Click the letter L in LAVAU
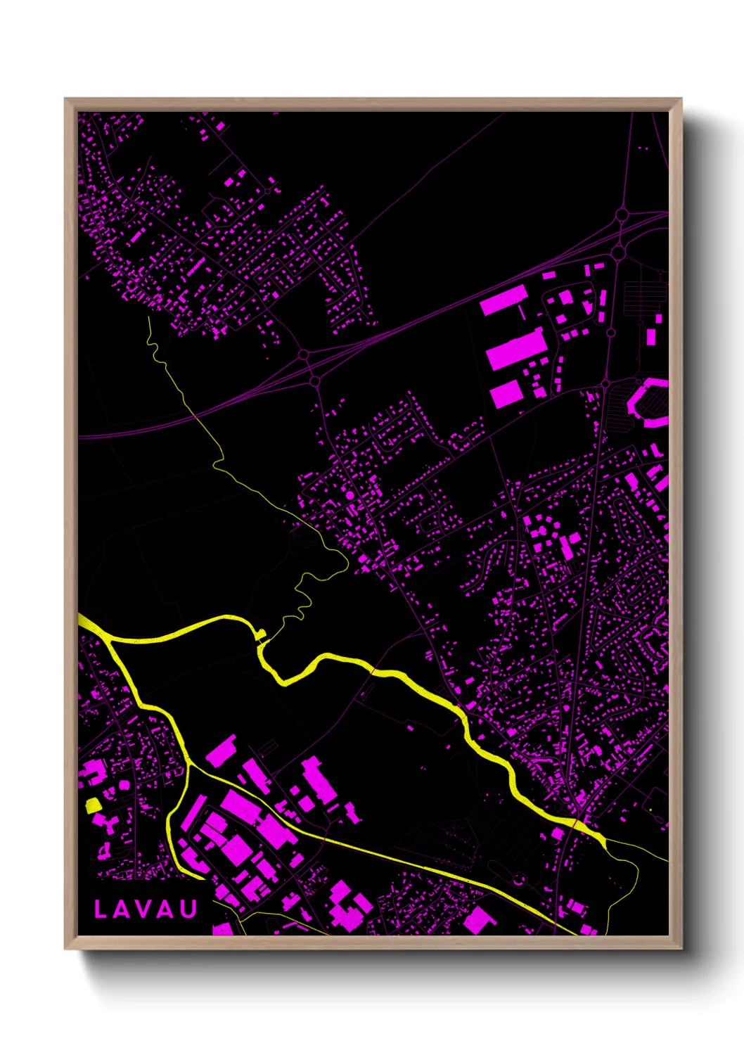101,909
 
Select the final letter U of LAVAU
188,909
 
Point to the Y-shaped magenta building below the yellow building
101,822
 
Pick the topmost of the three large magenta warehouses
504,300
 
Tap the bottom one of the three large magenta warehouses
506,394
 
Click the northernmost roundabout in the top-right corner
622,215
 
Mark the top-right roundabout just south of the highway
618,251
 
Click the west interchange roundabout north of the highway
303,355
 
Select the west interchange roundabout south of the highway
315,381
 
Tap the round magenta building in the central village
349,496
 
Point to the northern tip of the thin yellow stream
149,318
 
